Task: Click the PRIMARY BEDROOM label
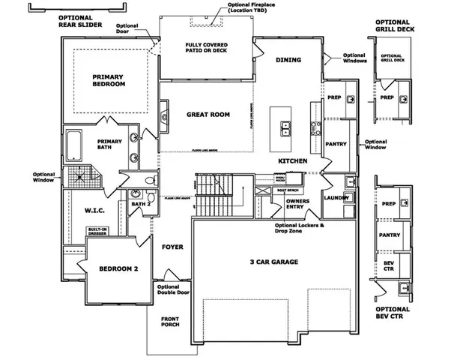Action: click(109, 80)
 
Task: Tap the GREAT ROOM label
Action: click(208, 115)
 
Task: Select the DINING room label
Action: click(288, 60)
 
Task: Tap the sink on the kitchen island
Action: click(286, 129)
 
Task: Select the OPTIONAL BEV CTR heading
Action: click(393, 313)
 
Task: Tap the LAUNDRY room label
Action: click(336, 197)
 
